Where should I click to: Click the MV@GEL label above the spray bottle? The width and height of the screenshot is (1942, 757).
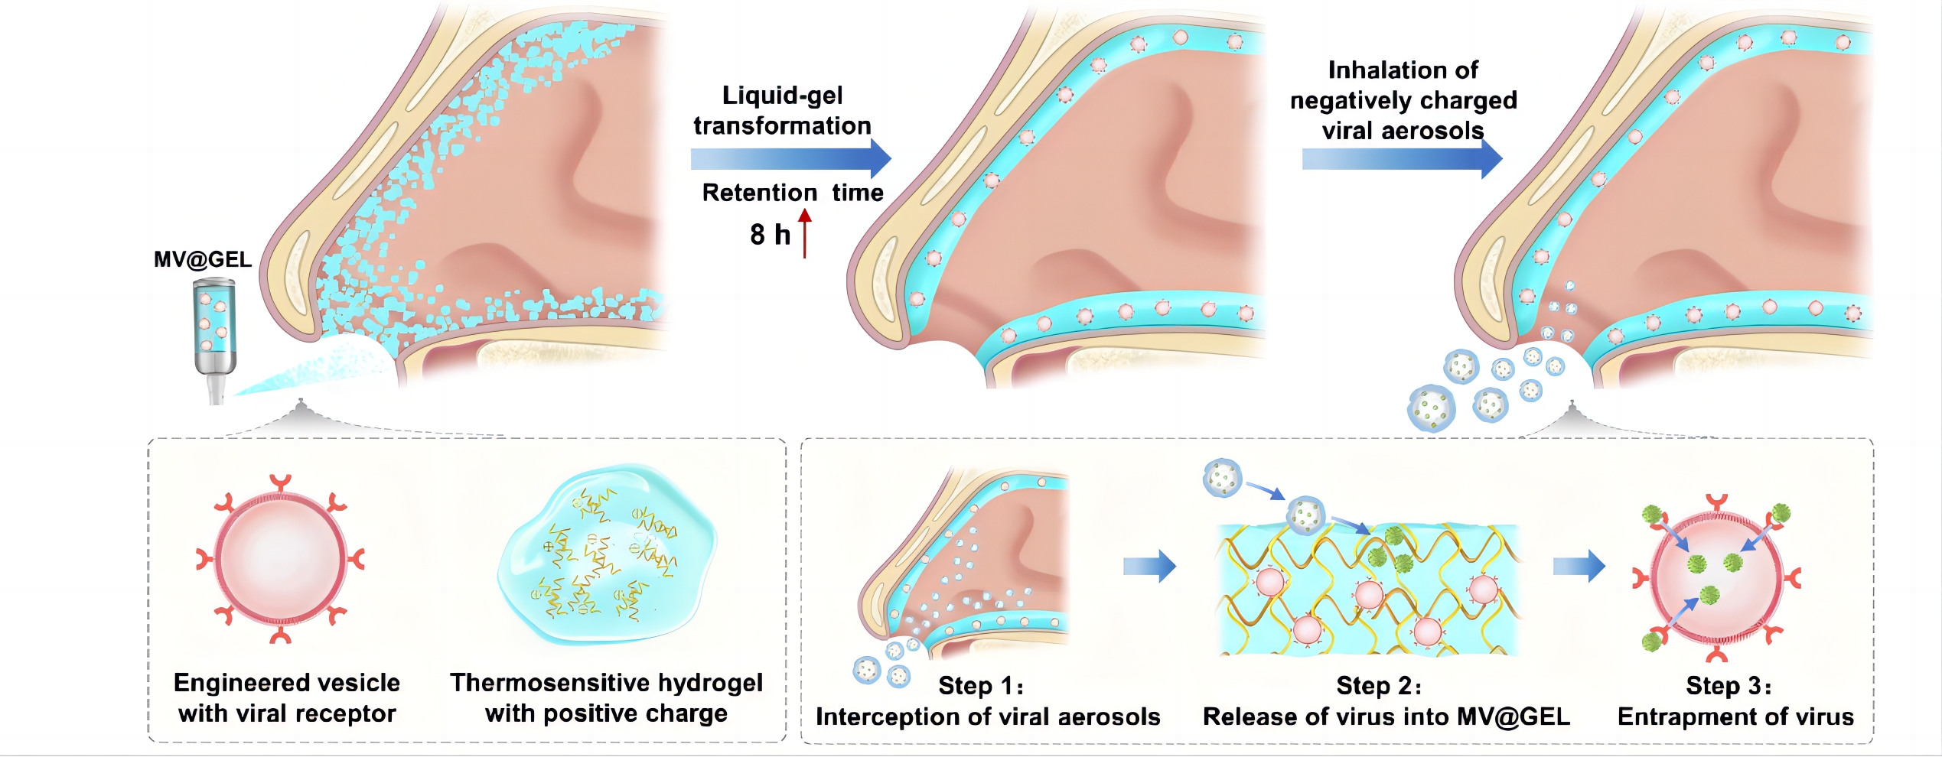coord(203,260)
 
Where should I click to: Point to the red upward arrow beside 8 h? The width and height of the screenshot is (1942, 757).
coord(805,233)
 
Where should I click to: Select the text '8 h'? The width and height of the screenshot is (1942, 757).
coord(770,235)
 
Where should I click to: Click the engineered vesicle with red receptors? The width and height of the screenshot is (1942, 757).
coord(280,559)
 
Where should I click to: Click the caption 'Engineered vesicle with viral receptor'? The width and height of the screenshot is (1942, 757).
coord(287,698)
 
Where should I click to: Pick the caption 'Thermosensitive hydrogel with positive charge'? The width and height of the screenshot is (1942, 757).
coord(606,698)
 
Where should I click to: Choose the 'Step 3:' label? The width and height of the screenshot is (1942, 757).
coord(1729,686)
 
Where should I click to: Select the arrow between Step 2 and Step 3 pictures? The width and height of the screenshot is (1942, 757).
coord(1579,567)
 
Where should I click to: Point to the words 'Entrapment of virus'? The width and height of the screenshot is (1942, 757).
coord(1735,717)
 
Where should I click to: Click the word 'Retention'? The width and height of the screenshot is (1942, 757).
coord(760,193)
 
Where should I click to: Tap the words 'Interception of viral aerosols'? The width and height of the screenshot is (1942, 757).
coord(988,717)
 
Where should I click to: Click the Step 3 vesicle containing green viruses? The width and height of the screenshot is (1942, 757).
coord(1716,577)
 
